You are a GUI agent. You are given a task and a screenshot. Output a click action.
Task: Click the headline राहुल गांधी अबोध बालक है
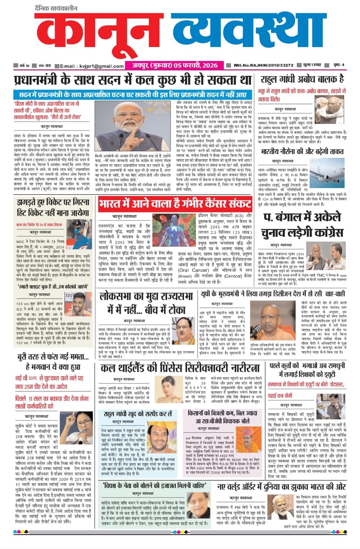302,79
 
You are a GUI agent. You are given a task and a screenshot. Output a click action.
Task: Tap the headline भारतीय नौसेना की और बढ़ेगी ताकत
302,151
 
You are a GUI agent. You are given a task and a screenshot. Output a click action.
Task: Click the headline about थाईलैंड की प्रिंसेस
180,368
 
